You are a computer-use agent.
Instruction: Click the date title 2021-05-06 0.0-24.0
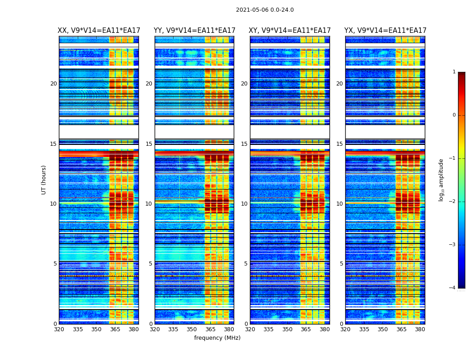point(265,10)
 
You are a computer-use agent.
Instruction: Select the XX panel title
point(99,31)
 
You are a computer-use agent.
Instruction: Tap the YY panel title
point(194,31)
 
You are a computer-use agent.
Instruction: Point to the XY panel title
point(289,31)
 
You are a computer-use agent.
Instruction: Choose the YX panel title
point(385,31)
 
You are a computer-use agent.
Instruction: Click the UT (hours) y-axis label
point(44,180)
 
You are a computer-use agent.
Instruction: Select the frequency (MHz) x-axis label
point(217,338)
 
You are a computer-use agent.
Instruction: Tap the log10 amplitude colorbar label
point(441,180)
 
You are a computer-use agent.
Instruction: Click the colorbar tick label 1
point(454,72)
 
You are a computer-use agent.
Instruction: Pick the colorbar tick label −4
point(453,288)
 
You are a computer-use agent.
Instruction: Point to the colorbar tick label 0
point(454,115)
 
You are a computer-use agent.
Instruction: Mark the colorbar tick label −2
point(453,202)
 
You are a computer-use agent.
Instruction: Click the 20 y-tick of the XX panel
point(53,84)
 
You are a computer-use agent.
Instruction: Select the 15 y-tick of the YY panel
point(149,144)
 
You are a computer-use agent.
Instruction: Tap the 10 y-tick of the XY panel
point(244,204)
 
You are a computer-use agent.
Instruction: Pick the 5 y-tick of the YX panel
point(341,264)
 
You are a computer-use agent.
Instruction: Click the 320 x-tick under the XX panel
point(59,329)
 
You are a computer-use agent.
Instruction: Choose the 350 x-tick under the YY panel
point(192,329)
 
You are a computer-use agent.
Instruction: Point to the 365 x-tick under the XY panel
point(306,329)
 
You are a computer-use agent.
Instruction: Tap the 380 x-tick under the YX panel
point(420,329)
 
